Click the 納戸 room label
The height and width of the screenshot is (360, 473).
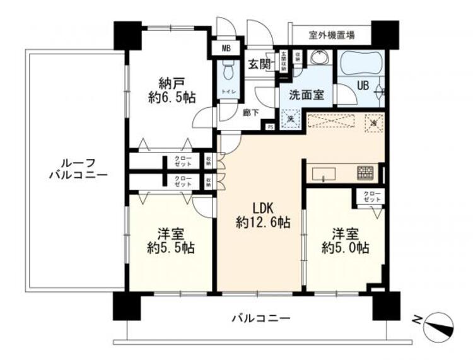[x=166, y=82]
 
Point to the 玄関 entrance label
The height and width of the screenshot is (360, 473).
[x=259, y=64]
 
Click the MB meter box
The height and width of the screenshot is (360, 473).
[x=225, y=47]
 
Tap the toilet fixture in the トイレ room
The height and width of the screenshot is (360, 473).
[x=226, y=73]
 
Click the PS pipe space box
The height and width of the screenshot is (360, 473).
[x=270, y=126]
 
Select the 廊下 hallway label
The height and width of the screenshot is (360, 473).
[x=250, y=113]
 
